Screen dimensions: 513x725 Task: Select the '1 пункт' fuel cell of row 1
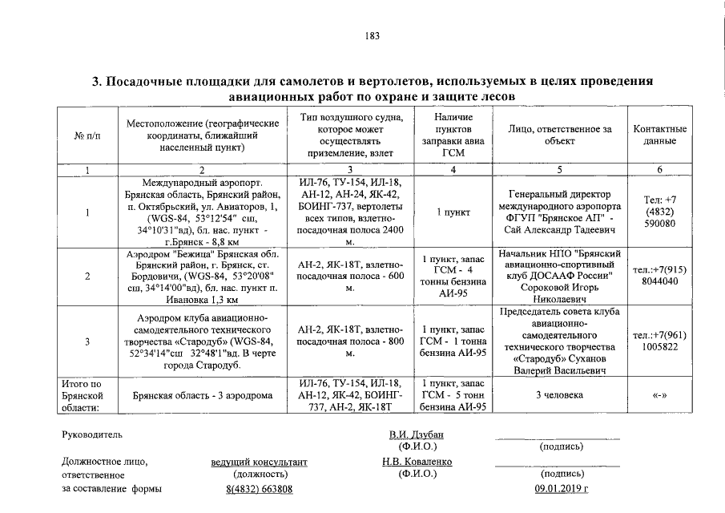click(453, 212)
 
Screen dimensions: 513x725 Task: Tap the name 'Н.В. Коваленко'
click(417, 462)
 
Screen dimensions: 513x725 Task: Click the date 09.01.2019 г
click(561, 488)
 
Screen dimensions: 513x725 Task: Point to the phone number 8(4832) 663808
click(259, 488)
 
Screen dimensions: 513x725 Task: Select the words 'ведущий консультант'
click(259, 463)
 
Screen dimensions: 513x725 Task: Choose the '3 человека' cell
click(560, 394)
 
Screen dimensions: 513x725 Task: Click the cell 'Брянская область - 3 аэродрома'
click(202, 395)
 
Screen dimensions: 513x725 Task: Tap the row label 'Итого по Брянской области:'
click(83, 395)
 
